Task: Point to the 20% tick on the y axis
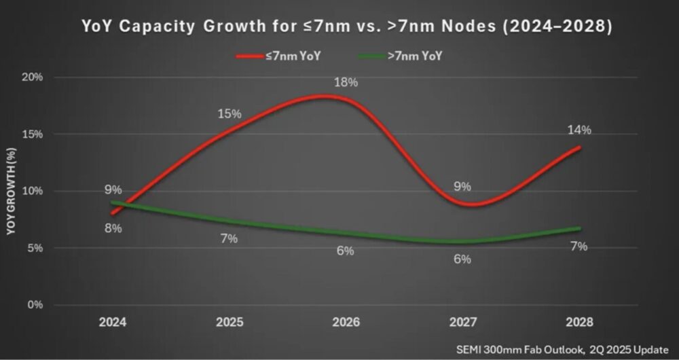[x=33, y=77]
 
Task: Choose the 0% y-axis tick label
[x=35, y=305]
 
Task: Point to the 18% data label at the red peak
[x=345, y=82]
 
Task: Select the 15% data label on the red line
[x=230, y=113]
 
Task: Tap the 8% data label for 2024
[x=113, y=228]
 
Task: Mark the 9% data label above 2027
[x=462, y=186]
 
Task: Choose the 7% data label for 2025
[x=229, y=238]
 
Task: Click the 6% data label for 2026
[x=345, y=251]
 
